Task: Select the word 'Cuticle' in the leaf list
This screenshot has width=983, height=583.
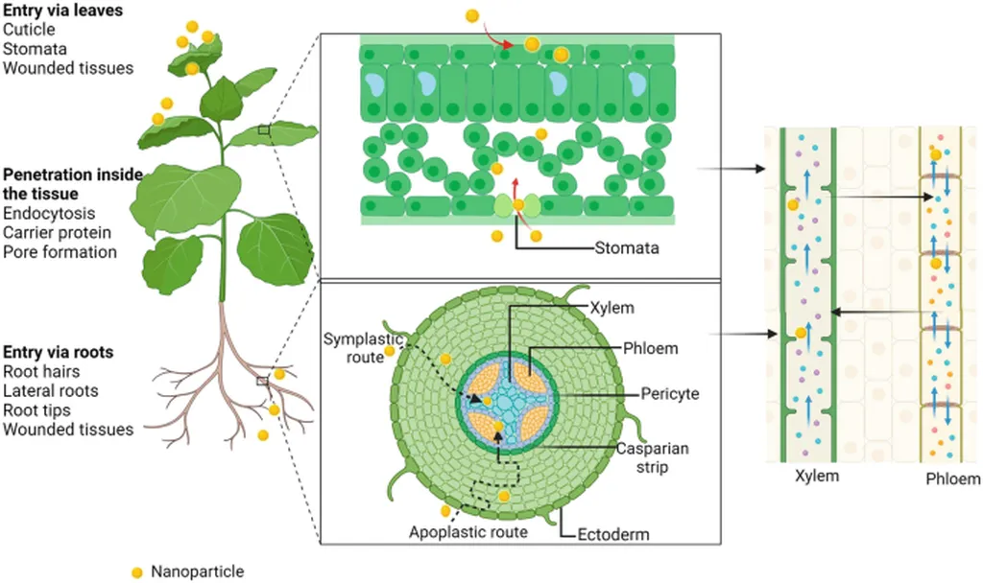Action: (29, 30)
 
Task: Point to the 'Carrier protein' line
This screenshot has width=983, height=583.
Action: (57, 233)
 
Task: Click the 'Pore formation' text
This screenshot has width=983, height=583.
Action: (60, 252)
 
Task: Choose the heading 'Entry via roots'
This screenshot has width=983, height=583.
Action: (58, 352)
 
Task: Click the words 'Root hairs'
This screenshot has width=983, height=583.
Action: (41, 372)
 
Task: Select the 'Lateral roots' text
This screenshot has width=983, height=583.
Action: (50, 391)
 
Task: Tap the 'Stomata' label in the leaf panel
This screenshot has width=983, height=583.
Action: (626, 248)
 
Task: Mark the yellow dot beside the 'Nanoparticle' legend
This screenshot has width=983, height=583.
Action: (137, 571)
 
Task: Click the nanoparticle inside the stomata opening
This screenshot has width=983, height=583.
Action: (518, 204)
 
